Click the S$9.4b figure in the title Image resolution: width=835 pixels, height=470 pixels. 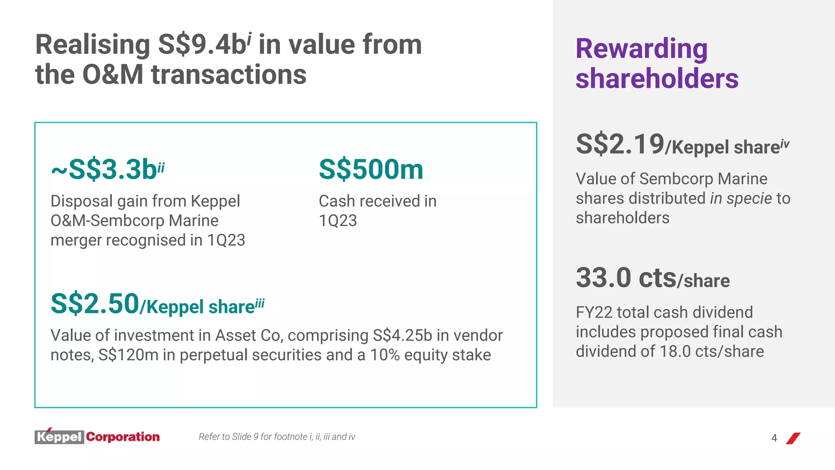[202, 45]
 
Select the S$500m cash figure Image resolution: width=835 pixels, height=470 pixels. [371, 169]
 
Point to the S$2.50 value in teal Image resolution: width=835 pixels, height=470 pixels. [95, 304]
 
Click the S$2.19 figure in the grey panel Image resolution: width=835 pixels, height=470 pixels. [620, 144]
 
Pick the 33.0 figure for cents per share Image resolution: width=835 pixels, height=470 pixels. [603, 278]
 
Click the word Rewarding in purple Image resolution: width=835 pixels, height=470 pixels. [641, 49]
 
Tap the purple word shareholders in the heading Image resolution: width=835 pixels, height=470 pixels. [657, 78]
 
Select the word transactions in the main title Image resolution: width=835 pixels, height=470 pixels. [229, 75]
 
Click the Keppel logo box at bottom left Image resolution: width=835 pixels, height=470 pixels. [60, 437]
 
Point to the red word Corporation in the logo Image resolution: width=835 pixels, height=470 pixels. [123, 437]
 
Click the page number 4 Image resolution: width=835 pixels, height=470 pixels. [774, 438]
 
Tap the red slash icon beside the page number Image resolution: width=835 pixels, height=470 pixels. [793, 438]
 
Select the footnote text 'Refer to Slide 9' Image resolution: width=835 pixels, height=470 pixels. [228, 437]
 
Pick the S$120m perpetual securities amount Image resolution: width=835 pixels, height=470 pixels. [128, 355]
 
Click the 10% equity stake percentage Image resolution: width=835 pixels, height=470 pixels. [385, 355]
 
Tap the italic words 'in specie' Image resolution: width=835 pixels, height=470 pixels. [741, 199]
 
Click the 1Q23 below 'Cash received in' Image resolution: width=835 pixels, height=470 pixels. [338, 221]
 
